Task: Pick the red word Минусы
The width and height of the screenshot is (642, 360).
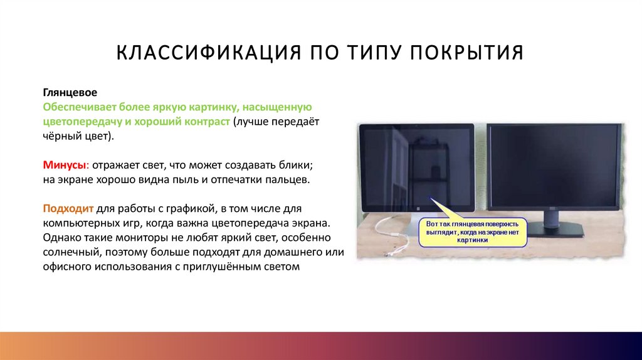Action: pos(63,165)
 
